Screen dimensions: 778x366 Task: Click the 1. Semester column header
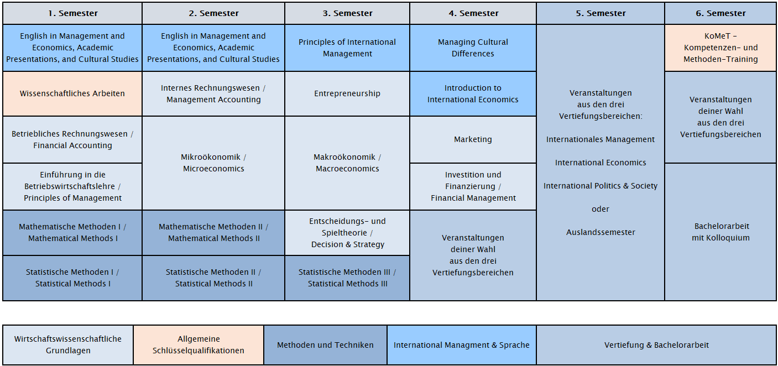click(x=72, y=13)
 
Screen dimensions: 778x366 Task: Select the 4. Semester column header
click(x=473, y=13)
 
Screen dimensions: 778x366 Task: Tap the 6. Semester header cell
click(x=720, y=13)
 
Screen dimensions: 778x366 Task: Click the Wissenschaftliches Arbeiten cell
click(x=72, y=93)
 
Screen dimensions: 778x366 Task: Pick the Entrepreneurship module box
click(x=347, y=93)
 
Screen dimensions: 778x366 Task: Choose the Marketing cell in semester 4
click(x=473, y=139)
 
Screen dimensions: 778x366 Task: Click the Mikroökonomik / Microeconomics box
click(x=213, y=163)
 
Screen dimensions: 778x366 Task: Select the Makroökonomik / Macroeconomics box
click(x=347, y=163)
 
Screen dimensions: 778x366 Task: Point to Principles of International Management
click(x=347, y=48)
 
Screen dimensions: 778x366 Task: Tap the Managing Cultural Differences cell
click(x=473, y=48)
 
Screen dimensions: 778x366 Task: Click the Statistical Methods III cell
click(x=347, y=278)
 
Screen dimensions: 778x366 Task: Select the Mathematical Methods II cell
click(x=213, y=233)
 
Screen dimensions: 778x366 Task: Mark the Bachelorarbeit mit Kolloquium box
click(x=720, y=232)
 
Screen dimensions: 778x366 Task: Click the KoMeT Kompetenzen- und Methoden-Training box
click(x=720, y=48)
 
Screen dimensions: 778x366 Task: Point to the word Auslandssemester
click(x=601, y=232)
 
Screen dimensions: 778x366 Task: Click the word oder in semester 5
click(x=601, y=209)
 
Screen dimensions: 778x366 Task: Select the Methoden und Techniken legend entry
click(x=326, y=345)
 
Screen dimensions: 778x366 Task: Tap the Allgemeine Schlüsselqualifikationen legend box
click(x=199, y=345)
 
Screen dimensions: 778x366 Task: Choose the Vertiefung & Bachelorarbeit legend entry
click(x=656, y=345)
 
